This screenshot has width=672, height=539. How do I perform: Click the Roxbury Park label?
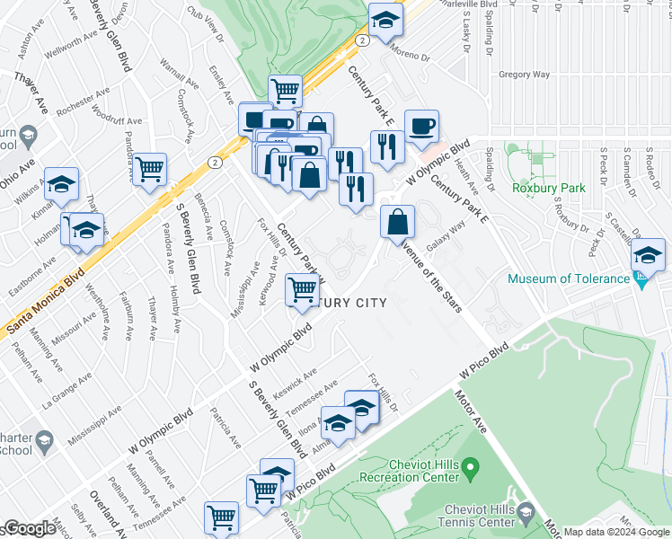(x=548, y=188)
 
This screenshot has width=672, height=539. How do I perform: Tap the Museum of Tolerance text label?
(x=569, y=278)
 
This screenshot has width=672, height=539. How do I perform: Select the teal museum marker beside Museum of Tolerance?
(x=641, y=279)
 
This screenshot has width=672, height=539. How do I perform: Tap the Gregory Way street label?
(x=523, y=75)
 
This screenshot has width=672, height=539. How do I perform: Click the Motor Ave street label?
(x=471, y=412)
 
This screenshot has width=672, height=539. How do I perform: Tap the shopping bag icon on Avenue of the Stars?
(x=397, y=222)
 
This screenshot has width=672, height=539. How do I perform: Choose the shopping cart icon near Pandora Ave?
(x=150, y=167)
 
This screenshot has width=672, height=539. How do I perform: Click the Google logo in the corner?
(x=29, y=529)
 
